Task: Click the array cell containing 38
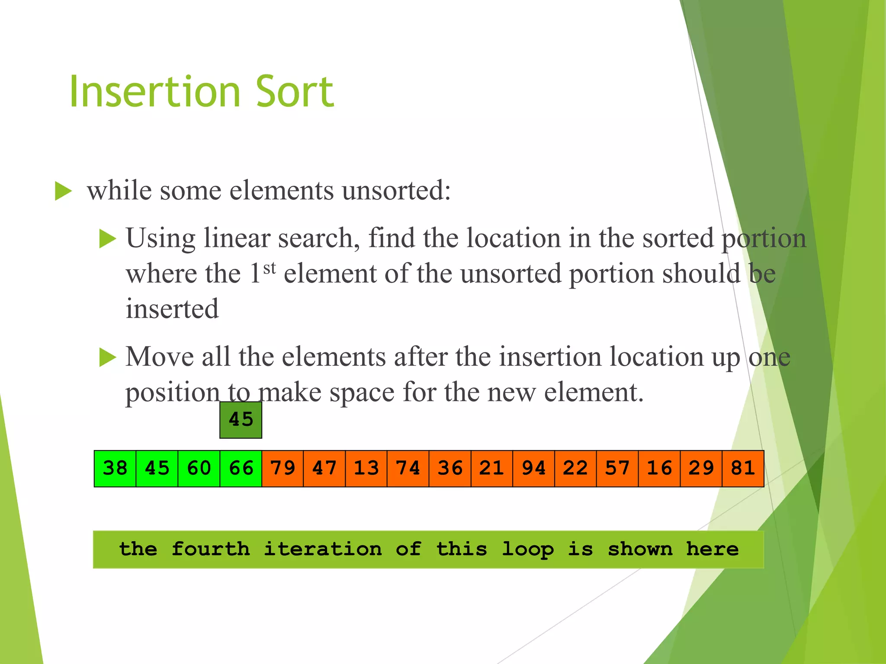point(115,469)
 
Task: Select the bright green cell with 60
point(199,469)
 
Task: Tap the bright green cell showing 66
point(241,469)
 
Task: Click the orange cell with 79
point(282,469)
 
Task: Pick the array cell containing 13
point(366,469)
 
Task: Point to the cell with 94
point(534,469)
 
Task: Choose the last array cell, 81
point(743,469)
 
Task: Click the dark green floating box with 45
point(241,420)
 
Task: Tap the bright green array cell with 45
point(157,469)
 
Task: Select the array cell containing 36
point(450,469)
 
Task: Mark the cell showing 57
point(617,469)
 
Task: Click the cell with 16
point(659,469)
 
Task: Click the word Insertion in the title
point(155,92)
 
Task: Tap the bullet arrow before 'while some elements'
point(63,191)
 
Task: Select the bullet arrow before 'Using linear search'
point(108,239)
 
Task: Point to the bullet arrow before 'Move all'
point(108,358)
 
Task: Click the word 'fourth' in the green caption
point(211,549)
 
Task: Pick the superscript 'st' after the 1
point(270,268)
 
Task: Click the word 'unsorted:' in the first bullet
point(396,191)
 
